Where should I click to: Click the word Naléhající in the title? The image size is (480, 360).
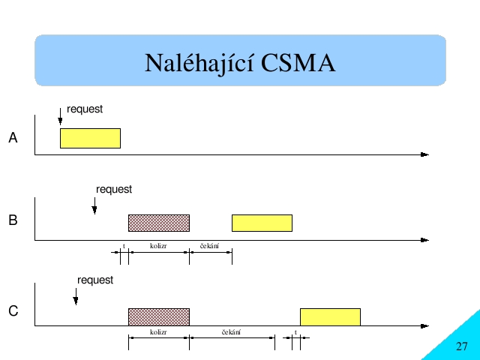[199, 63]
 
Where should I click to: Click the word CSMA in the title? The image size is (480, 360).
[298, 63]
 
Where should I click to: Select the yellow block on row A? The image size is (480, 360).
[90, 138]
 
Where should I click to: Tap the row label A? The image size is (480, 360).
[13, 137]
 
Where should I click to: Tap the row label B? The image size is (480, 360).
[13, 220]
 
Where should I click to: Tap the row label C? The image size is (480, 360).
[13, 311]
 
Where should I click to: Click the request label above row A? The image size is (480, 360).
[85, 109]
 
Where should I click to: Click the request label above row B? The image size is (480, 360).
[114, 190]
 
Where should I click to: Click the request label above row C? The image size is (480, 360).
[95, 280]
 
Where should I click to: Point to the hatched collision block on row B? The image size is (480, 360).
[159, 223]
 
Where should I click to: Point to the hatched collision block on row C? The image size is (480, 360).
[159, 316]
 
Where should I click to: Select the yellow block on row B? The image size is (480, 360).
[262, 223]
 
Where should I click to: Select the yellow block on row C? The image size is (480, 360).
[330, 316]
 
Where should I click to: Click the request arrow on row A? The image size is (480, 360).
[60, 116]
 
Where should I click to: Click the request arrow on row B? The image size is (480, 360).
[94, 205]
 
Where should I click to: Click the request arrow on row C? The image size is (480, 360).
[76, 297]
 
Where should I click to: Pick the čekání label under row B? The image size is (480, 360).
[210, 246]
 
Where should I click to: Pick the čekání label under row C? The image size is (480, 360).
[232, 331]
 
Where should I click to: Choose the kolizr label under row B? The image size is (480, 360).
[158, 246]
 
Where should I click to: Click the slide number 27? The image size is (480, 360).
[462, 346]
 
